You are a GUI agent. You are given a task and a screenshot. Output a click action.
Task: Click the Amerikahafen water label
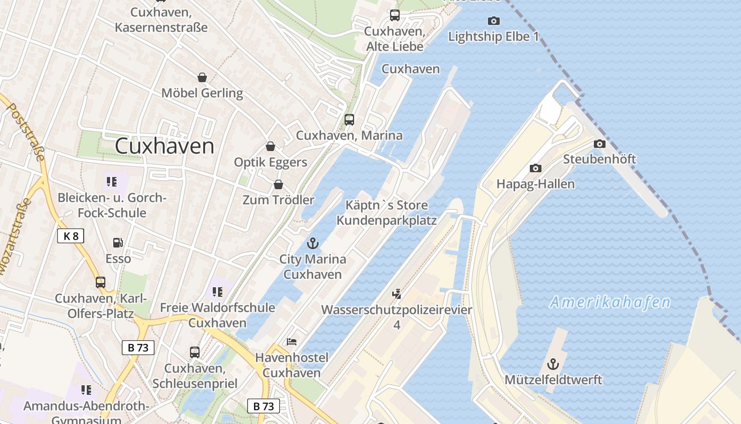610,303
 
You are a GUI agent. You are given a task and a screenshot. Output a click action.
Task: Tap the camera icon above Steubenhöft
599,144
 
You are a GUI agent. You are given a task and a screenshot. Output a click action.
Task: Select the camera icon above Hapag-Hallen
535,168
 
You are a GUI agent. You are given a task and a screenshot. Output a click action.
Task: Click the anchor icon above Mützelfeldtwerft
553,364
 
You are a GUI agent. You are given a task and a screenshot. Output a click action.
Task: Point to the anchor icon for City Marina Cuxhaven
313,243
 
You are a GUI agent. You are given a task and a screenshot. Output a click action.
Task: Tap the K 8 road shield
70,236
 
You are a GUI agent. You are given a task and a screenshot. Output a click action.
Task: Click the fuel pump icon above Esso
118,243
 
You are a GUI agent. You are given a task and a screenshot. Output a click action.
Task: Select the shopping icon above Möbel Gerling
202,77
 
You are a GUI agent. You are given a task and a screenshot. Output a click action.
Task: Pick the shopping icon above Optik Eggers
270,146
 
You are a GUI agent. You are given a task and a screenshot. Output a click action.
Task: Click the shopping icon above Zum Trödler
278,184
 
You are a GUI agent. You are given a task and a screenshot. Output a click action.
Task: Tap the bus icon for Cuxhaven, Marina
349,119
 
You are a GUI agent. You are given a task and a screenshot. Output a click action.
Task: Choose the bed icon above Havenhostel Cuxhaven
291,342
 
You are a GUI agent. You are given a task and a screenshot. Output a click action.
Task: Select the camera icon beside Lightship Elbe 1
493,21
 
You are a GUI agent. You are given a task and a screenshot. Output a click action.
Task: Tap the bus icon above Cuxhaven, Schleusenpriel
194,352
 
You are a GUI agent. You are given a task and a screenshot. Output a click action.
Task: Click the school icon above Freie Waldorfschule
217,291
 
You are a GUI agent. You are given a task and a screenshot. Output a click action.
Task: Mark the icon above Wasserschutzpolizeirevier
396,294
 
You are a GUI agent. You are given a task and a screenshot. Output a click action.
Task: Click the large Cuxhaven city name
165,146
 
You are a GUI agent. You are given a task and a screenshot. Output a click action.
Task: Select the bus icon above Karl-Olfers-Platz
100,282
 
